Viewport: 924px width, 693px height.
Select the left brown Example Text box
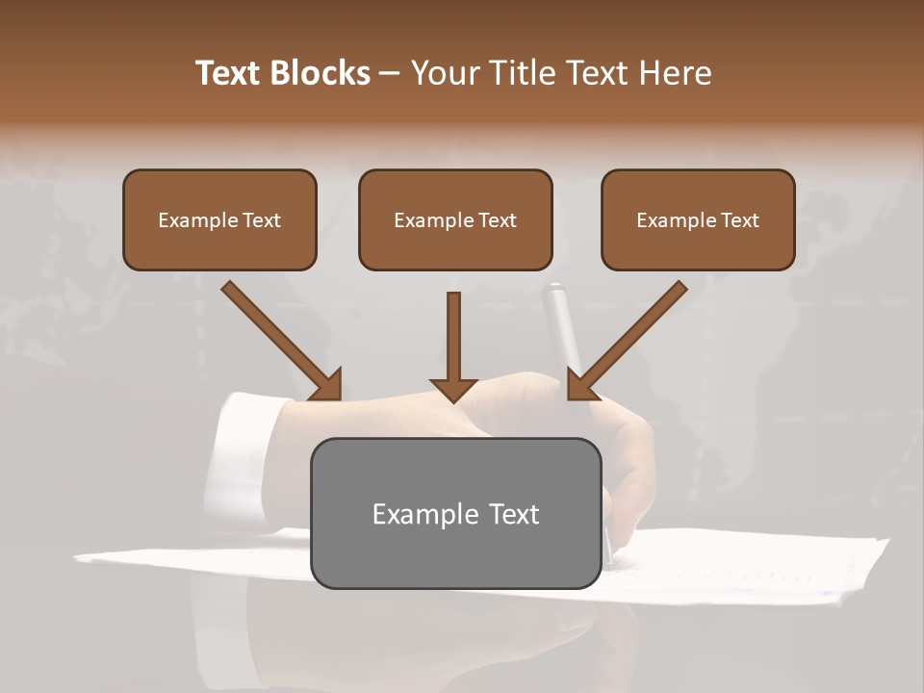click(219, 219)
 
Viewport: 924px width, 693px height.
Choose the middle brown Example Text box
click(455, 219)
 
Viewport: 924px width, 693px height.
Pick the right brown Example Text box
click(698, 219)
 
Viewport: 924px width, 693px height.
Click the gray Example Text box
click(455, 513)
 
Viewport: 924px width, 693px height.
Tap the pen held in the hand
click(562, 327)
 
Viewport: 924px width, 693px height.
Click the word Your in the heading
click(445, 73)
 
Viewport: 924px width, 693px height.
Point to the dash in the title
click(391, 73)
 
